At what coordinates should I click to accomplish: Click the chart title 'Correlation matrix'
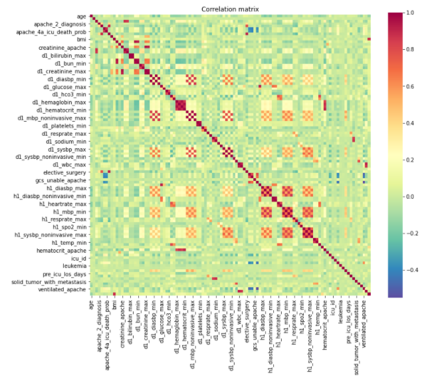[x=230, y=9]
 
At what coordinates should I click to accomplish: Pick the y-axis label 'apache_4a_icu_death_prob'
[x=52, y=32]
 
